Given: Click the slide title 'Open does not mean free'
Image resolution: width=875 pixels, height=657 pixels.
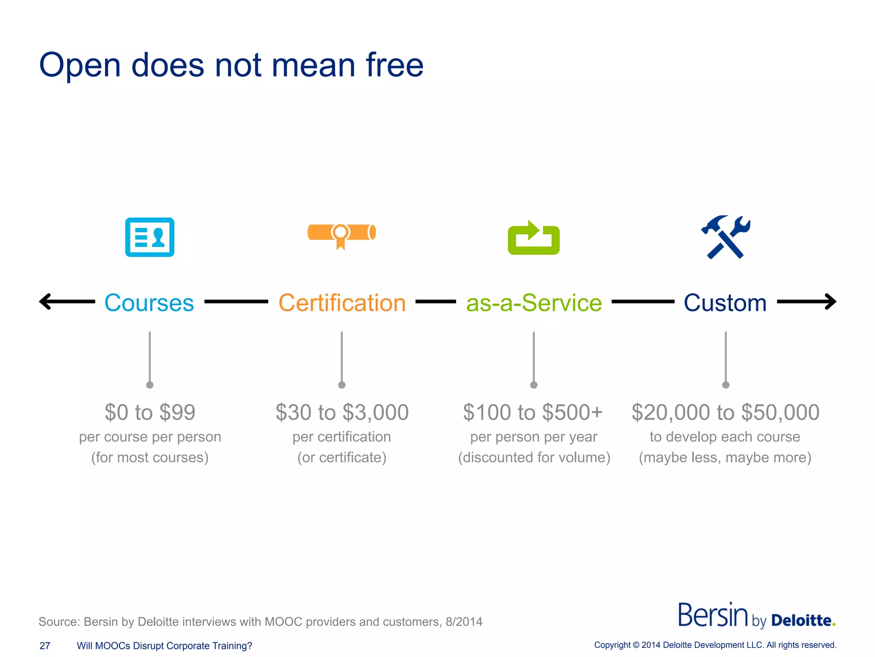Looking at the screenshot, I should point(231,65).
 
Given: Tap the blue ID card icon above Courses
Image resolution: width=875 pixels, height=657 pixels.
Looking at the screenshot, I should point(150,237).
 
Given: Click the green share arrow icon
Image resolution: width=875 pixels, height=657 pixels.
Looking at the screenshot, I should point(534,238).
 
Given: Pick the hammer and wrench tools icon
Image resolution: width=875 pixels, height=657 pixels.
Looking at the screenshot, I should point(725,237).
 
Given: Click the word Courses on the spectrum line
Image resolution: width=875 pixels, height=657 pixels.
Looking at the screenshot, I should point(149,303).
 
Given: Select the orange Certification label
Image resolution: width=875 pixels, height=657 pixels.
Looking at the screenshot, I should point(342,303).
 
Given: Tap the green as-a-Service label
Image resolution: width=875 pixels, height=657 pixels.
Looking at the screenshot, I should point(534,303).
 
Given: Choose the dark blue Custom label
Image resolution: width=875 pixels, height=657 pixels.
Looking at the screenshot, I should point(725,303).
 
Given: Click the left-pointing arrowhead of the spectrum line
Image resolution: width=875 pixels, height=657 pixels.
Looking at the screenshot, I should point(45,302).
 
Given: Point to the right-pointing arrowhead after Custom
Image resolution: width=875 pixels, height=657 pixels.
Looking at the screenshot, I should point(831,302).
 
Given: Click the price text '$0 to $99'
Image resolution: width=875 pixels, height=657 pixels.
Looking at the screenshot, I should point(150,412).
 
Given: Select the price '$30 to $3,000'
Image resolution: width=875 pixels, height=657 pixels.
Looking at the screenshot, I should point(342,412).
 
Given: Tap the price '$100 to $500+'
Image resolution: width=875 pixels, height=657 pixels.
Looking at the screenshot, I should point(533,412).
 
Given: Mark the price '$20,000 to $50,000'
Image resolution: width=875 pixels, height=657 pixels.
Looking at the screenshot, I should point(725,412).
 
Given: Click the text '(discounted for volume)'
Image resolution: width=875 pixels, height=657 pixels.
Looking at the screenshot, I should point(534,458).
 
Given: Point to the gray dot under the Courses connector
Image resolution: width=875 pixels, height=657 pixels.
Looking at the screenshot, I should point(150,385).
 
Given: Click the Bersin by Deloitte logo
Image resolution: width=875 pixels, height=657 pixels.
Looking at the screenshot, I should point(757,616).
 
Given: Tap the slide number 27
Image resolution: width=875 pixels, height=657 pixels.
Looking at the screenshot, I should point(45,646).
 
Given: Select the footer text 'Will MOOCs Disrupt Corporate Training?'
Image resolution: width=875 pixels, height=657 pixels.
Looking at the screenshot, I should point(164,646).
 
